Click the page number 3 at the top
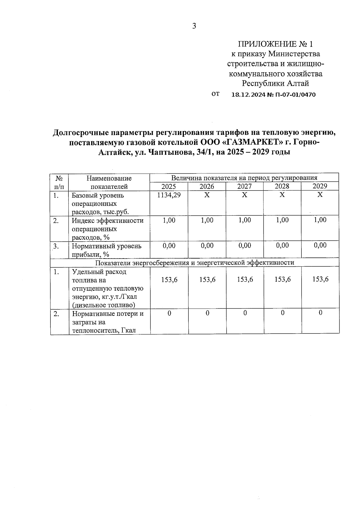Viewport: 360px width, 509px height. pyautogui.click(x=194, y=26)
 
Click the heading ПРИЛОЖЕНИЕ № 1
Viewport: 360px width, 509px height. pyautogui.click(x=275, y=44)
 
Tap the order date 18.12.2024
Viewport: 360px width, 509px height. pyautogui.click(x=249, y=95)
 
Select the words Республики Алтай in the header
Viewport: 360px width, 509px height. pyautogui.click(x=275, y=83)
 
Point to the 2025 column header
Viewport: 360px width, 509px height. pyautogui.click(x=169, y=186)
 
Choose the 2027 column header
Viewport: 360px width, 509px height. pyautogui.click(x=244, y=186)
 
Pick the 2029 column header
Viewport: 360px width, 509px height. pyautogui.click(x=320, y=186)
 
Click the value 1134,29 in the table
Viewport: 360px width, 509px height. pyautogui.click(x=169, y=195)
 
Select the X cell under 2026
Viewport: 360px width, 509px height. pyautogui.click(x=207, y=195)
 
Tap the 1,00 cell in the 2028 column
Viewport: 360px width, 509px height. pyautogui.click(x=282, y=220)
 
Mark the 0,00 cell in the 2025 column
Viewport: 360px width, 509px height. pyautogui.click(x=169, y=246)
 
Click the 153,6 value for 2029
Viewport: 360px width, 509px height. pyautogui.click(x=320, y=279)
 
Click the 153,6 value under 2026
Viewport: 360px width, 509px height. pyautogui.click(x=207, y=280)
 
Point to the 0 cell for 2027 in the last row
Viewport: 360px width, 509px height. pyautogui.click(x=245, y=313)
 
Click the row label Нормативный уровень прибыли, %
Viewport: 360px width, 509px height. pyautogui.click(x=106, y=250)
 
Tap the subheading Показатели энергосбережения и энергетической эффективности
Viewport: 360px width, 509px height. pyautogui.click(x=194, y=263)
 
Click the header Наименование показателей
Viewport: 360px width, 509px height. pyautogui.click(x=109, y=182)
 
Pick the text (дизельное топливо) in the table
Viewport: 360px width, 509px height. pyautogui.click(x=103, y=305)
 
